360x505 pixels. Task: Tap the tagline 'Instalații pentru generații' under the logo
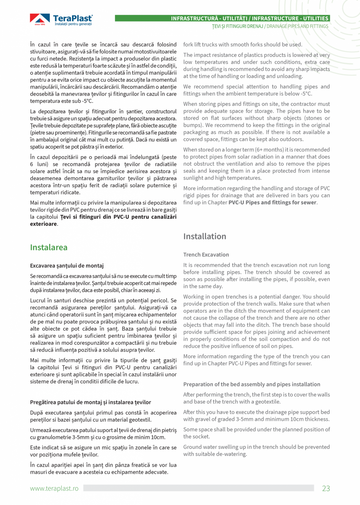pyautogui.click(x=73, y=24)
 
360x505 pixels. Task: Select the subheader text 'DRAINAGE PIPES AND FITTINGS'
pyautogui.click(x=297, y=26)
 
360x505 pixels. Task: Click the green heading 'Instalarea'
pyautogui.click(x=49, y=247)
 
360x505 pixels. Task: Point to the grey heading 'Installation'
pyautogui.click(x=205, y=236)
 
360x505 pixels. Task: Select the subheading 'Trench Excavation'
pyautogui.click(x=206, y=254)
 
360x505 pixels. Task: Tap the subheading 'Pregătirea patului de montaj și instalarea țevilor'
pyautogui.click(x=90, y=402)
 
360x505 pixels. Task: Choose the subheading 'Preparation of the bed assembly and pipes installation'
pyautogui.click(x=252, y=384)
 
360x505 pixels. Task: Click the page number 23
pyautogui.click(x=326, y=488)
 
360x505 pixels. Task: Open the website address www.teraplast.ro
pyautogui.click(x=54, y=488)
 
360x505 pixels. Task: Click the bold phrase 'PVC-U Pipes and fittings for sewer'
pyautogui.click(x=272, y=202)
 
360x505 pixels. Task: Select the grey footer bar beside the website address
pyautogui.click(x=198, y=488)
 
